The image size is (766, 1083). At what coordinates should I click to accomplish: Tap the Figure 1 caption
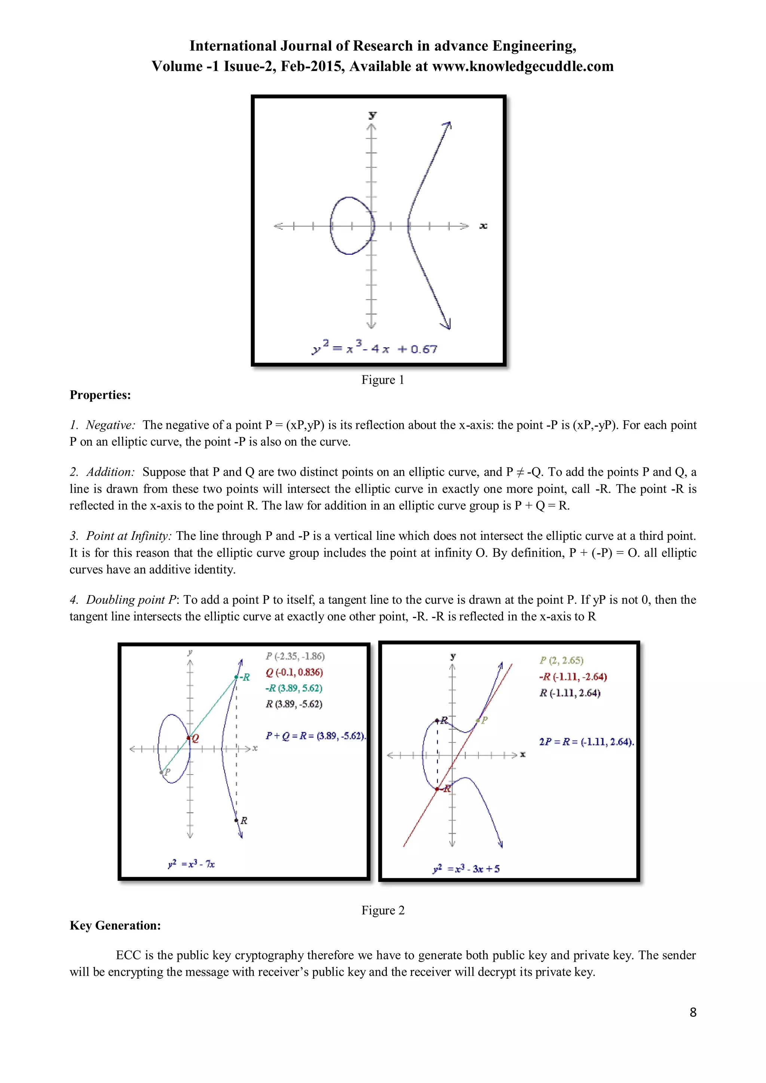[382, 380]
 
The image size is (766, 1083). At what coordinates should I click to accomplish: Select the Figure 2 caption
[383, 910]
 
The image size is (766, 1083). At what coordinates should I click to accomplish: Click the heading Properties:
[100, 395]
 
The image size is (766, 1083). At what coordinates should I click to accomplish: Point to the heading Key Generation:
[115, 926]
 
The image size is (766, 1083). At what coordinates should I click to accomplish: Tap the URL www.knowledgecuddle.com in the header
[523, 66]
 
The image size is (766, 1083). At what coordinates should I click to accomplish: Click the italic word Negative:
[110, 425]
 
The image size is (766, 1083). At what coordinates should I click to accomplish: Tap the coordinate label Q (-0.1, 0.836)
[294, 672]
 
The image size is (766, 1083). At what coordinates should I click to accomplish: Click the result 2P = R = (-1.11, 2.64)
[586, 741]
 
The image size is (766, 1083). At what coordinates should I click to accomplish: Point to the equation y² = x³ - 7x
[191, 864]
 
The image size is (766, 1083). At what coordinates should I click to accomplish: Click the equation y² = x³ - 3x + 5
[466, 868]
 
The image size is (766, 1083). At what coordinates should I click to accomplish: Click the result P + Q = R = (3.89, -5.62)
[315, 736]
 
